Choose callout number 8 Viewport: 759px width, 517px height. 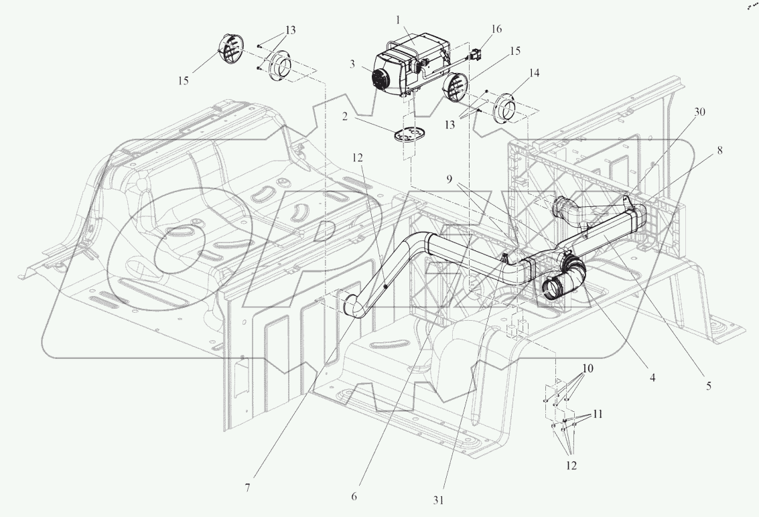719,151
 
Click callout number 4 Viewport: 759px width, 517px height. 653,377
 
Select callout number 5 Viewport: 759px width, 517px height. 709,385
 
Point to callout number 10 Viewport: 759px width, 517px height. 588,368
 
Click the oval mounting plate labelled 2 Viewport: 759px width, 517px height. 410,134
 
